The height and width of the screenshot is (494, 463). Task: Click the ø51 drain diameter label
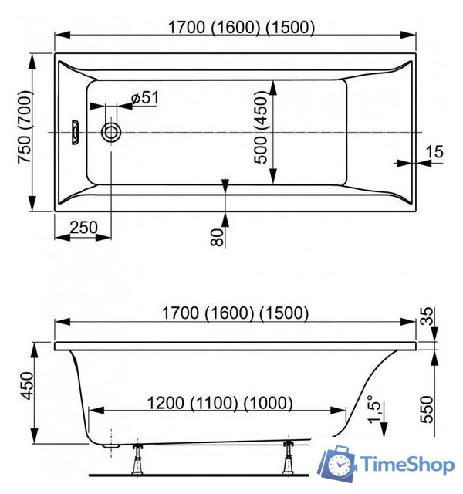(144, 98)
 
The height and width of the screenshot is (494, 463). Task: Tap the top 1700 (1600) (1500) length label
(242, 28)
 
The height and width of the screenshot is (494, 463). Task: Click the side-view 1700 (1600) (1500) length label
(235, 313)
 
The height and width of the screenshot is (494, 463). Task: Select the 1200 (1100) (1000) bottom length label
(220, 402)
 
